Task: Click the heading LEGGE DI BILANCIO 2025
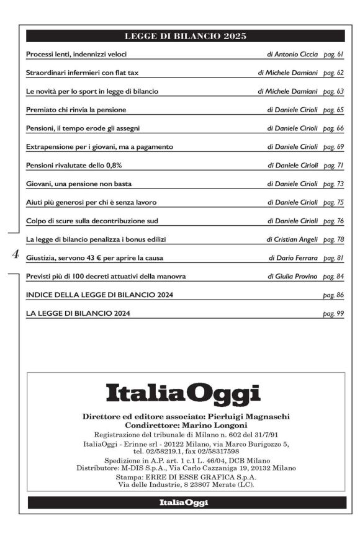point(186,36)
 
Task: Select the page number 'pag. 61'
point(333,55)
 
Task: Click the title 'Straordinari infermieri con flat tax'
point(82,73)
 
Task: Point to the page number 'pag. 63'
point(333,91)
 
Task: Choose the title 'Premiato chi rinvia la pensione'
point(76,110)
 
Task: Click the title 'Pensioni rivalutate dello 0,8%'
point(74,166)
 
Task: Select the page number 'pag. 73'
point(333,184)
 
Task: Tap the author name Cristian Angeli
point(295,239)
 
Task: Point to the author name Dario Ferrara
point(296,257)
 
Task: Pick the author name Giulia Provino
point(295,276)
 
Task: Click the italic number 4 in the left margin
point(16,254)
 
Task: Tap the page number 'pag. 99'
point(333,313)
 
